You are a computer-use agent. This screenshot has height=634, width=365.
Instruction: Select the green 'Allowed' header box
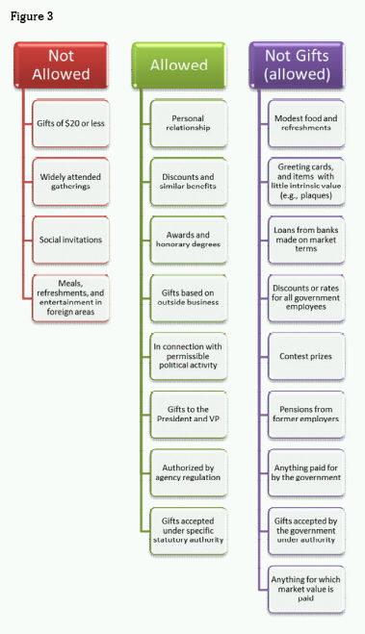(179, 64)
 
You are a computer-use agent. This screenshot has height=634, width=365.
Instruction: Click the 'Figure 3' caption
(32, 15)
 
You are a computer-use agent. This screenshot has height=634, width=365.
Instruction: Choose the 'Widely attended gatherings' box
(72, 180)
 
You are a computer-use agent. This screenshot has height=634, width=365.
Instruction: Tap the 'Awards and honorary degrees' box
(188, 238)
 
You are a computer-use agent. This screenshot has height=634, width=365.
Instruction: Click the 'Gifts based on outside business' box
(188, 296)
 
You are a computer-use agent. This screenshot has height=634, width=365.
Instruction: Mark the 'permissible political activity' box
(188, 354)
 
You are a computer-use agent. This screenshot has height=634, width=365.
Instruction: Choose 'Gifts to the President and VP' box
(188, 412)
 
